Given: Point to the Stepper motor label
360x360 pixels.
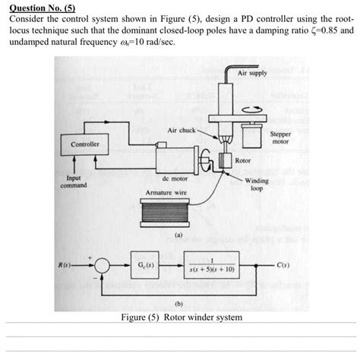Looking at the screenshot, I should tap(280, 138).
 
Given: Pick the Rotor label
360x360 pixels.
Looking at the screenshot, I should tap(243, 162).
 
